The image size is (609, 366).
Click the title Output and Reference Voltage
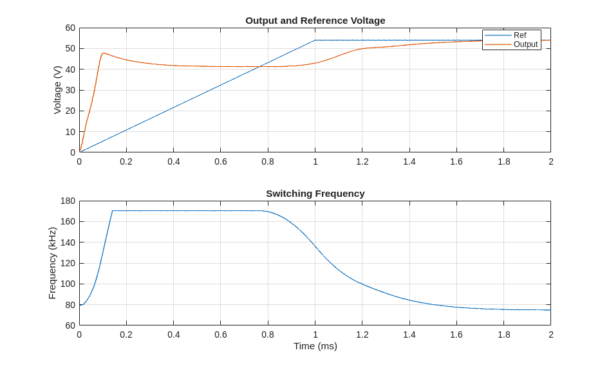[315, 20]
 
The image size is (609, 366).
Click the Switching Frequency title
[315, 193]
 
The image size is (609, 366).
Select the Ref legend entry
[520, 35]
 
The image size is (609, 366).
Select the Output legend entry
[525, 44]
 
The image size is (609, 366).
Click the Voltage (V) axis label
[57, 90]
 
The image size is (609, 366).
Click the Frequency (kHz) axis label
[52, 262]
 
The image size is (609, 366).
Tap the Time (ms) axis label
[315, 345]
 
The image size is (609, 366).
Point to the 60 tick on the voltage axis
[70, 28]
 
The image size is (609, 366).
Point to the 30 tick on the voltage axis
[70, 90]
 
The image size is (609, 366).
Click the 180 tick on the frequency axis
[68, 201]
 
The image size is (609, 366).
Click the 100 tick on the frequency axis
[68, 284]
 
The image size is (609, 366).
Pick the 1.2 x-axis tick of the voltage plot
[362, 161]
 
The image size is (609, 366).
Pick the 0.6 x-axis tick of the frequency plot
[221, 334]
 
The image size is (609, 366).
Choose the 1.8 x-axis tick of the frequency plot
[503, 334]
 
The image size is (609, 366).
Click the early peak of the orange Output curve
[103, 53]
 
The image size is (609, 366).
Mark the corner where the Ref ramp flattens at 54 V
[315, 40]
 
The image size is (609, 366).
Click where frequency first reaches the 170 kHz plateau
[112, 211]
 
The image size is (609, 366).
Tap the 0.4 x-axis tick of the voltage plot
[174, 161]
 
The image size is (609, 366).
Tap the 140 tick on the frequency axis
[68, 242]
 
